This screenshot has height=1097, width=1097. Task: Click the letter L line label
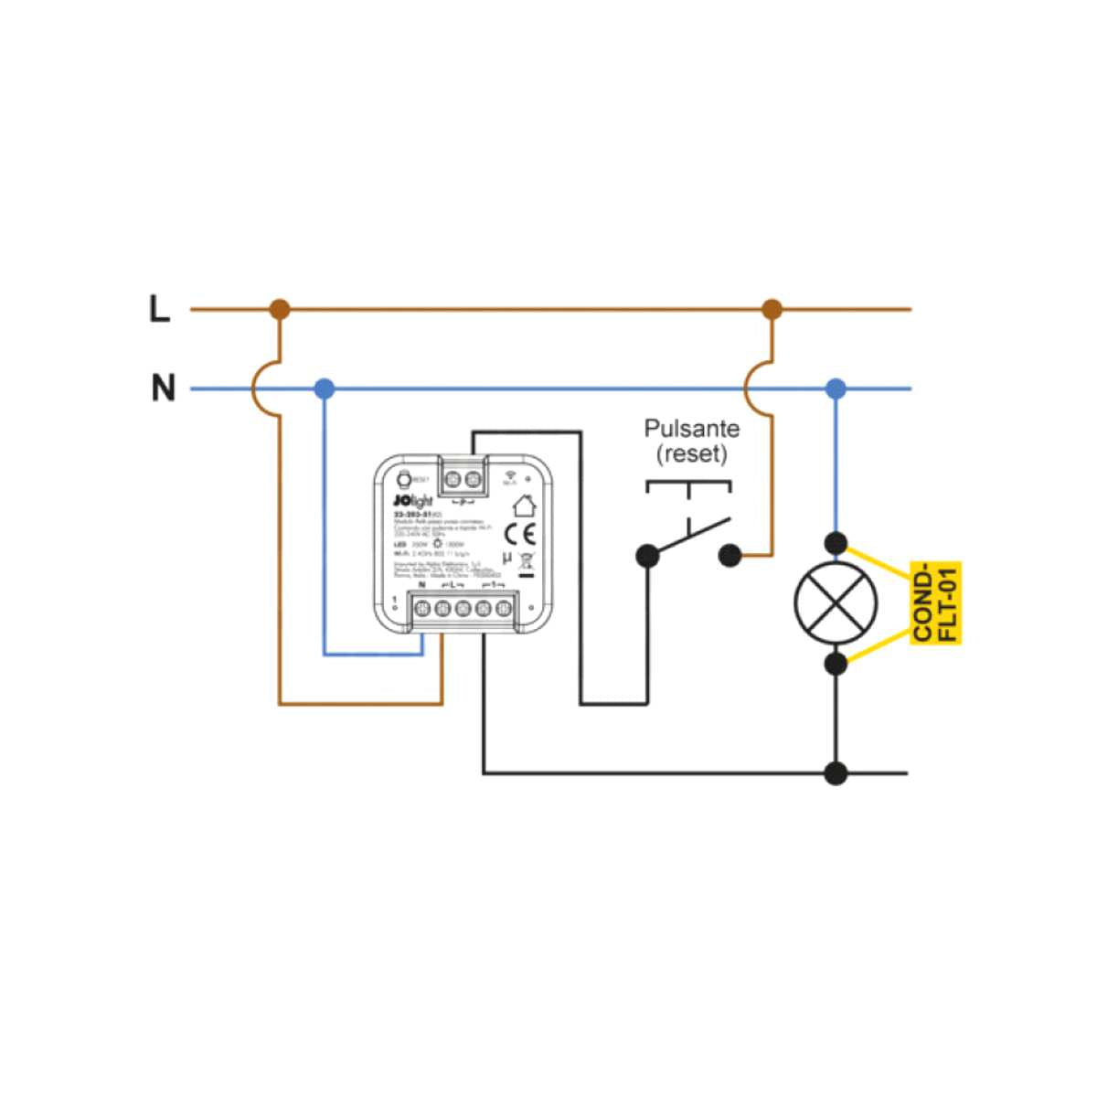click(160, 309)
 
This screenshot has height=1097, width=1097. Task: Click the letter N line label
click(163, 389)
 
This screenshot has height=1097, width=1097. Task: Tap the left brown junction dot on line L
click(281, 309)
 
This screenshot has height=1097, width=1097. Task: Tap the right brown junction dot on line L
click(772, 309)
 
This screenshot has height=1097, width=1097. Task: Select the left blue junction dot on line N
click(325, 389)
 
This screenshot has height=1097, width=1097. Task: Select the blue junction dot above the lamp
click(836, 389)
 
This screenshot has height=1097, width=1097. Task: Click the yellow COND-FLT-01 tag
click(936, 603)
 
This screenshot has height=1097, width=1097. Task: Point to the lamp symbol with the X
click(836, 603)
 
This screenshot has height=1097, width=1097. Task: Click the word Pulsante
click(692, 428)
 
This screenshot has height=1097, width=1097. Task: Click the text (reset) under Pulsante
click(692, 453)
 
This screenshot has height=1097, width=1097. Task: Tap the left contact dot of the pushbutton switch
click(647, 554)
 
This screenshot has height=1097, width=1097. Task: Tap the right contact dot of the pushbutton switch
click(730, 554)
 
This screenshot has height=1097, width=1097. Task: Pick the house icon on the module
click(523, 504)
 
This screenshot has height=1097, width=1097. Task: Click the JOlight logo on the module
click(412, 500)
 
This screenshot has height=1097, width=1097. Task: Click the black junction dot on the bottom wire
click(836, 773)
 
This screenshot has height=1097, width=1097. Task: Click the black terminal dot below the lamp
click(836, 663)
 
